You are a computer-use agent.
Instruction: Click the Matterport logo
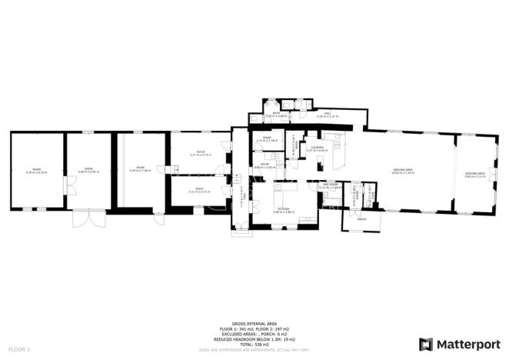(458, 343)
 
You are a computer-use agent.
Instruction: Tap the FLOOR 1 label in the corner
(18, 349)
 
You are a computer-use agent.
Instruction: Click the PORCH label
(361, 218)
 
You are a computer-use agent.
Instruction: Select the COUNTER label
(317, 148)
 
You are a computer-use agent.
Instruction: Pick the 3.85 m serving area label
(474, 175)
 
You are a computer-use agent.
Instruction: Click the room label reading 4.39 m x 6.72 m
(36, 171)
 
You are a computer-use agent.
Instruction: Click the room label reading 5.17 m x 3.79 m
(199, 153)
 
